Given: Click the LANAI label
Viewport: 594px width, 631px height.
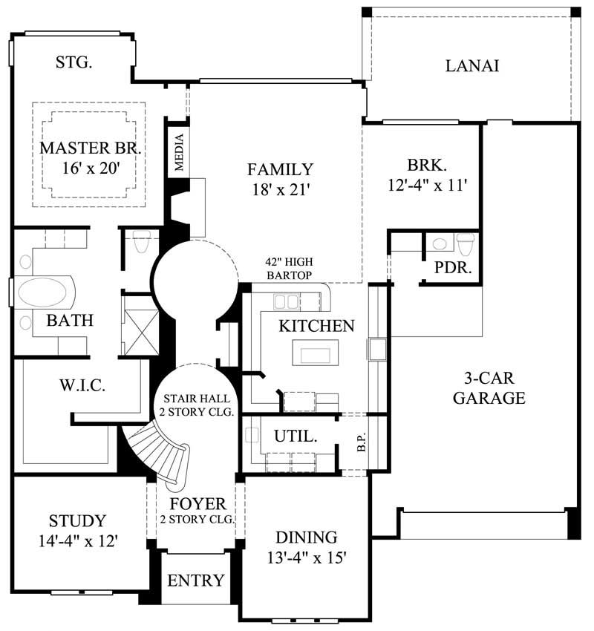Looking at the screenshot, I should click(x=472, y=65).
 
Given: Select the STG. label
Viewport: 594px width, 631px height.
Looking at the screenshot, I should click(x=74, y=62).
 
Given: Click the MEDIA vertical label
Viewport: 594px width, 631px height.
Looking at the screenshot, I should click(x=179, y=152).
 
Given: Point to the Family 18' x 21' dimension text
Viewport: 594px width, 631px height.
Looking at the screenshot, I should click(x=280, y=190).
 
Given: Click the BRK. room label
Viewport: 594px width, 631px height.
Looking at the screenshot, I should click(x=425, y=165).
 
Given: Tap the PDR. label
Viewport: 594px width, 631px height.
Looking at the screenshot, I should click(x=453, y=268).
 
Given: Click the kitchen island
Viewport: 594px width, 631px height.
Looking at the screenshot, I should click(x=315, y=352).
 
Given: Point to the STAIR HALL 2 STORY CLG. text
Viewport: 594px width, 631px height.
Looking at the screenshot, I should click(x=199, y=405).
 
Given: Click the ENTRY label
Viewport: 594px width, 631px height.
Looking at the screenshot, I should click(x=196, y=580).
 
